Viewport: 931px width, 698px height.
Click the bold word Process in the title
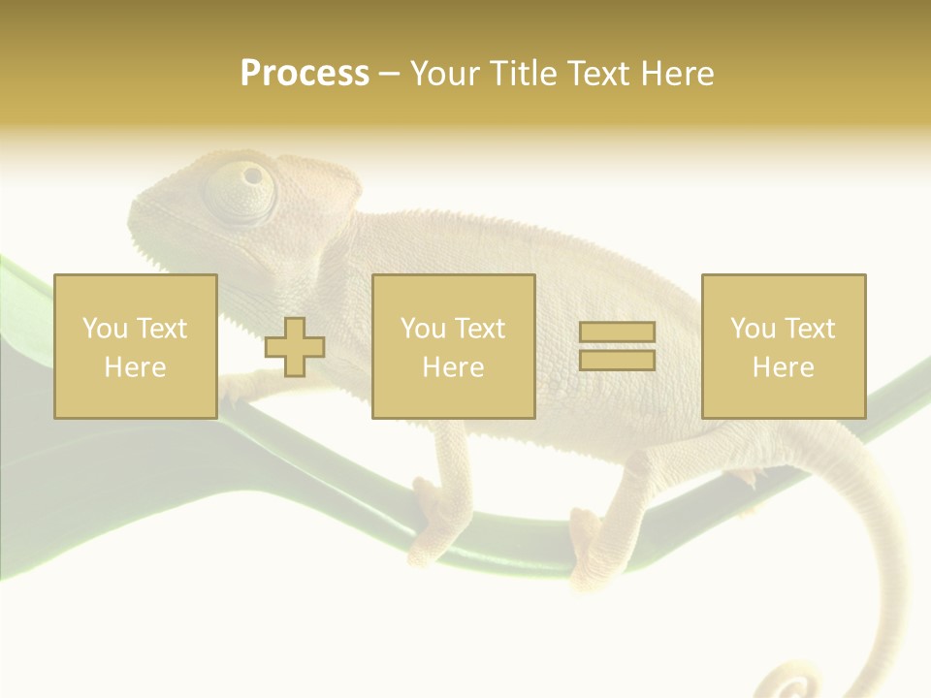tap(305, 74)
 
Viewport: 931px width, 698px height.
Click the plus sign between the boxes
tap(295, 347)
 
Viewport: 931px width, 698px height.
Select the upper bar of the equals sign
tap(617, 333)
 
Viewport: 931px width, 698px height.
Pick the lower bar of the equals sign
tap(617, 360)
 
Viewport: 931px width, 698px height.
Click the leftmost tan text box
tap(136, 346)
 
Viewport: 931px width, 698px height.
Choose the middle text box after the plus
tap(453, 346)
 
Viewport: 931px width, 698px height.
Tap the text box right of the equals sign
tap(784, 346)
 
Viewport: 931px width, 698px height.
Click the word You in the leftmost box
tap(105, 329)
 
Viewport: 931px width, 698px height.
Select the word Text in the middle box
tap(479, 329)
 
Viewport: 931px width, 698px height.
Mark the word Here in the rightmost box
tap(783, 367)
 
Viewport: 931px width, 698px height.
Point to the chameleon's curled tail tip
tap(795, 684)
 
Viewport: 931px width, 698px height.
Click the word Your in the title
tap(446, 74)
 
